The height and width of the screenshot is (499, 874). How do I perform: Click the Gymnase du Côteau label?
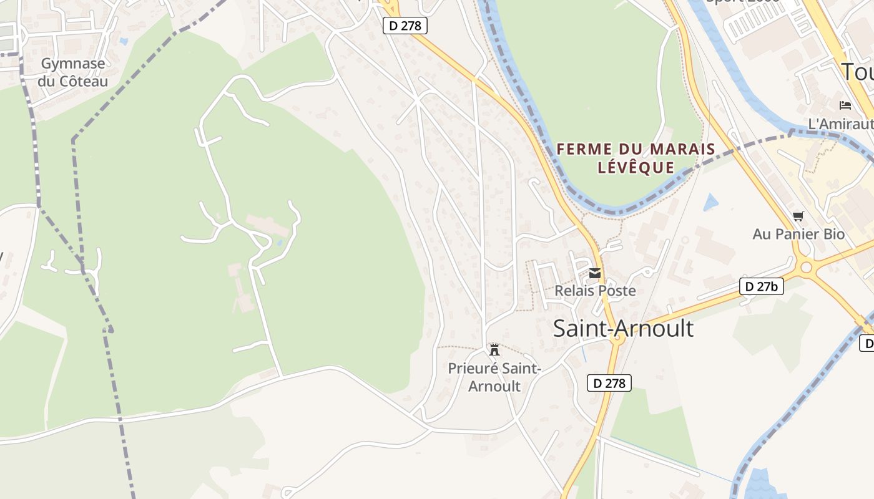pos(72,72)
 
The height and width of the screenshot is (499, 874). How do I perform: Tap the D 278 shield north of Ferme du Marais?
pos(405,26)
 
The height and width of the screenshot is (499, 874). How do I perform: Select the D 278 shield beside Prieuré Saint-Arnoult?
pos(609,383)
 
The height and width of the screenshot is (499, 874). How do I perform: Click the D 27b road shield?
pos(762,286)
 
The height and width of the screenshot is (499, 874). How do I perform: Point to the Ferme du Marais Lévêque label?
pos(636,158)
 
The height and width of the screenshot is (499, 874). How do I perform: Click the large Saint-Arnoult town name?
pos(623,328)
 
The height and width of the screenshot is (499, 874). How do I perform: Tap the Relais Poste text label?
pos(595,291)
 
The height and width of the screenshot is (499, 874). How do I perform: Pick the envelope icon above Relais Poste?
pos(595,273)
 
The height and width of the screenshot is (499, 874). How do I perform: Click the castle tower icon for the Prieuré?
pos(494,349)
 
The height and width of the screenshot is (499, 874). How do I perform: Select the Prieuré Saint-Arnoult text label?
pos(494,377)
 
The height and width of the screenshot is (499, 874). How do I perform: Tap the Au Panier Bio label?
pos(798,235)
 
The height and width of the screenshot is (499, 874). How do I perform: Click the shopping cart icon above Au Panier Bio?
pos(798,216)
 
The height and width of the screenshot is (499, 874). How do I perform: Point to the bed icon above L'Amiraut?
pos(845,105)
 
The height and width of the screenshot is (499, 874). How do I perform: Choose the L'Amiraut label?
pos(840,124)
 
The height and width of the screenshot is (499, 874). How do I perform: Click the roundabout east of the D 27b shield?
pos(806,268)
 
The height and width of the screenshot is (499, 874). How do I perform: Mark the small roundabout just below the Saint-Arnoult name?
pos(617,340)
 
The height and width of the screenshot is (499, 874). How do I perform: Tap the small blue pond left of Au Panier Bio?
pos(710,203)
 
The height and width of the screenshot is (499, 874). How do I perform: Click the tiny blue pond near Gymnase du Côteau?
pos(123,41)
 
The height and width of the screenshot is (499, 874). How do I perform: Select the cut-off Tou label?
pos(857,72)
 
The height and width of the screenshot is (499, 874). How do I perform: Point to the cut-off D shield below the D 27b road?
pos(867,342)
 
